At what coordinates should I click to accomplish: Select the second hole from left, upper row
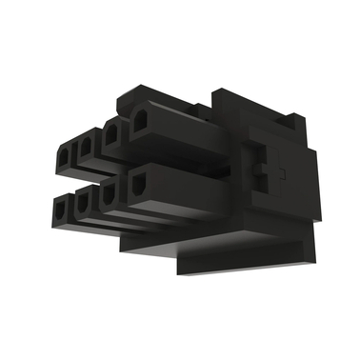coord(86,146)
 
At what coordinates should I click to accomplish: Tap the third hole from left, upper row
coord(112,134)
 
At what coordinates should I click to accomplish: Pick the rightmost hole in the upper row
coord(139,123)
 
